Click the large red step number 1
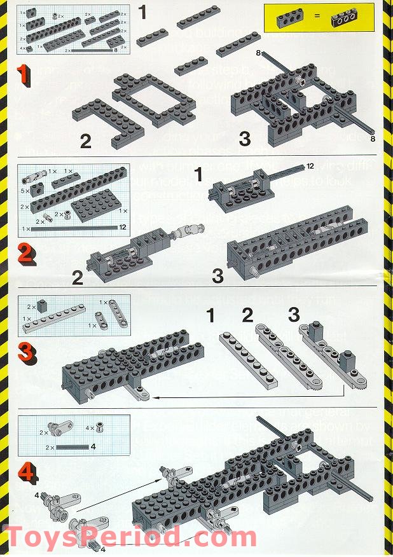point(24,76)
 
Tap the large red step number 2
point(25,254)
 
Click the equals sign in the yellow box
point(315,20)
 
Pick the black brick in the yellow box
point(347,21)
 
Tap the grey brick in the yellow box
point(286,20)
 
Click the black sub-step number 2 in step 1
point(85,141)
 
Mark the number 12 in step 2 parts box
point(123,227)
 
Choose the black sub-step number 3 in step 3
point(294,315)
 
